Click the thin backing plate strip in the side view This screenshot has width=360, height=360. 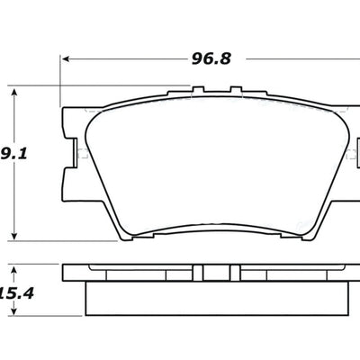[x=135, y=272]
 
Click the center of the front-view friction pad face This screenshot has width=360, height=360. [x=216, y=162]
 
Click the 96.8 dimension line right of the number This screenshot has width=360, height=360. [x=297, y=59]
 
